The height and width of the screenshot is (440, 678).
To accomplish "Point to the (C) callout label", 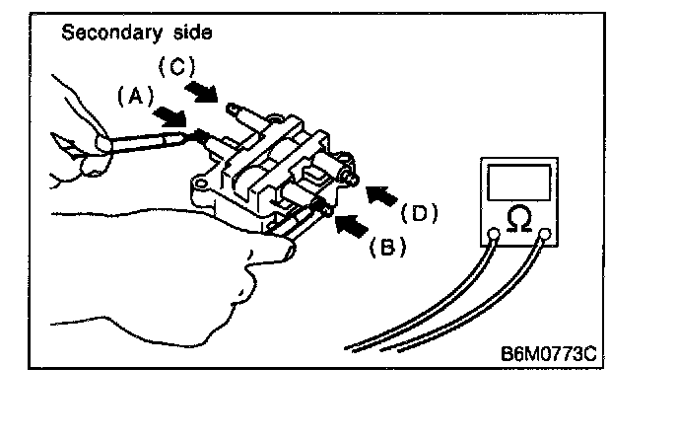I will pyautogui.click(x=177, y=69).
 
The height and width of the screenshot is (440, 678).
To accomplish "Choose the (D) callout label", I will pyautogui.click(x=418, y=212).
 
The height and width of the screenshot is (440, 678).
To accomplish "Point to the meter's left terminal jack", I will pyautogui.click(x=492, y=235).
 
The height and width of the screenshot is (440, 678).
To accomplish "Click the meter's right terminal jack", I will pyautogui.click(x=545, y=235).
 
